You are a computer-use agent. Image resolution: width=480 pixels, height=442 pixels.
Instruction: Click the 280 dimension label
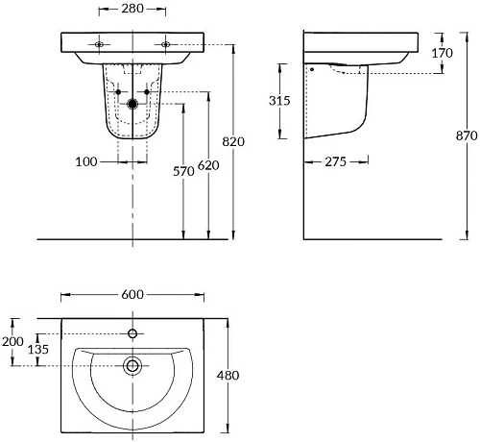[132, 9]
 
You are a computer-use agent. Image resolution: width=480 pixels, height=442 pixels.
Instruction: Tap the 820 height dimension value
[233, 141]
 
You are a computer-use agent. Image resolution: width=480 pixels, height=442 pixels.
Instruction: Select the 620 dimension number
[208, 165]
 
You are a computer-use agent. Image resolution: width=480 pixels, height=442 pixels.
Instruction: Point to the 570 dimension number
[183, 171]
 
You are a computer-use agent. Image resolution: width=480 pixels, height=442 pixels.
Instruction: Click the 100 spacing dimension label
[86, 161]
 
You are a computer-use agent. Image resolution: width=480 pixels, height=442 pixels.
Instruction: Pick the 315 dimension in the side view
[279, 101]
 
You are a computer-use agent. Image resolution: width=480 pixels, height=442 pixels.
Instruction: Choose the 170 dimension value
[443, 53]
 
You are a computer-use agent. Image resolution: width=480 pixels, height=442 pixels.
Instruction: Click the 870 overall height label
[467, 135]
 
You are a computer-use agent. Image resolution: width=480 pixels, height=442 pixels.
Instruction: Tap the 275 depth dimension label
[336, 161]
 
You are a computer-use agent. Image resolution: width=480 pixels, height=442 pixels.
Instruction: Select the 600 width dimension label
[132, 294]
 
